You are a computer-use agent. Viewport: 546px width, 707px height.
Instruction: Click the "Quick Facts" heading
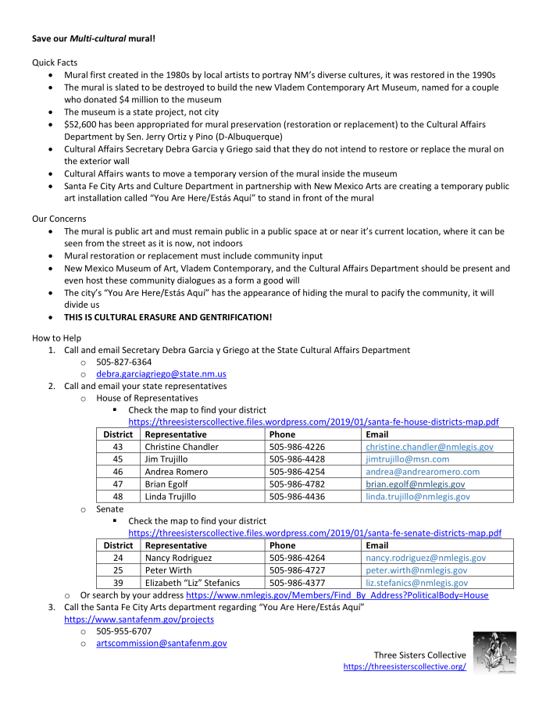tap(55, 62)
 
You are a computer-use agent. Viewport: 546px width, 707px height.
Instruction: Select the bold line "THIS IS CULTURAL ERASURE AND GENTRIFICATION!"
tap(168, 318)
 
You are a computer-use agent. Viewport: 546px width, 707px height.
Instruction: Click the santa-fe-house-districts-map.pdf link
tap(313, 422)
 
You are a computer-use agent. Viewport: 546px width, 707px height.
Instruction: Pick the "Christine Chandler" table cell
tap(182, 447)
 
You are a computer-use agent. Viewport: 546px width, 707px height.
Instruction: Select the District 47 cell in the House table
tap(119, 484)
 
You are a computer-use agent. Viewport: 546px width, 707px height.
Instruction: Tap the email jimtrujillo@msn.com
tap(407, 459)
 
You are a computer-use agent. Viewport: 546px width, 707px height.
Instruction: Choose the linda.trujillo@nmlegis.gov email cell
tap(418, 497)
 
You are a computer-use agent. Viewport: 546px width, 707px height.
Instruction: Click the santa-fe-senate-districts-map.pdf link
tap(315, 533)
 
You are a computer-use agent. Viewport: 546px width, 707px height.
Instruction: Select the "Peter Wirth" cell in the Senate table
tap(169, 570)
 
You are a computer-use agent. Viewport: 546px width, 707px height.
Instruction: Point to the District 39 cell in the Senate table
tap(119, 583)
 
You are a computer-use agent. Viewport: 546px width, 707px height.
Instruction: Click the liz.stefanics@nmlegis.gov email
tap(417, 583)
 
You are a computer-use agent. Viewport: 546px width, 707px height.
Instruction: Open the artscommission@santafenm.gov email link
tap(162, 643)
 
